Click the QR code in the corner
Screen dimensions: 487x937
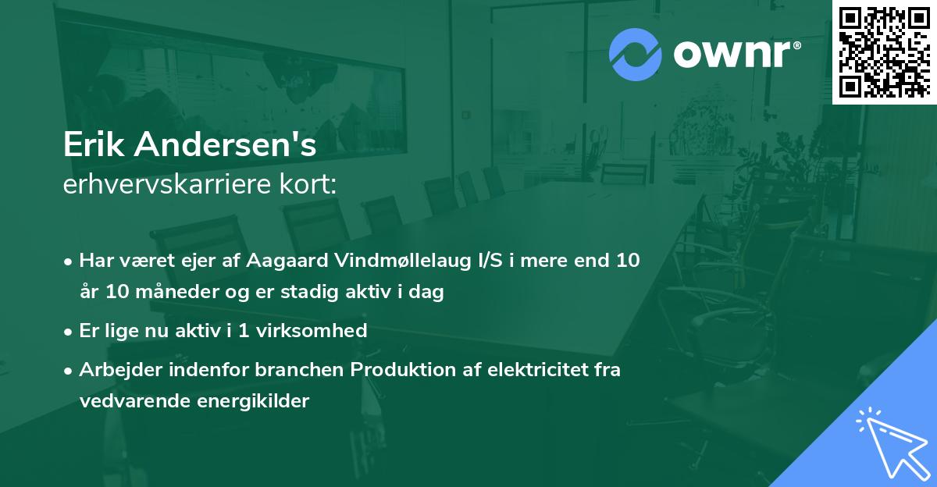(x=884, y=52)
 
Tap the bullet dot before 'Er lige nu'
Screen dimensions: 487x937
(x=69, y=332)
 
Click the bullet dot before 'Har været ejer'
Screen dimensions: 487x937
(x=69, y=261)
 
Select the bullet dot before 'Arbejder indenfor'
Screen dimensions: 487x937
(x=69, y=370)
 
